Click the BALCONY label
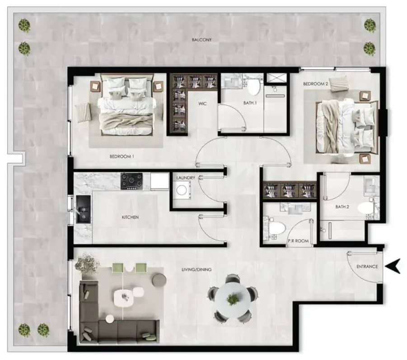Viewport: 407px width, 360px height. coord(201,40)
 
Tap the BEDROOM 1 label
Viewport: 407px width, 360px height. coord(122,156)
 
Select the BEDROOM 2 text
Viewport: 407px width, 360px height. coord(316,84)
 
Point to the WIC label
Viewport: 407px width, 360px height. coord(202,104)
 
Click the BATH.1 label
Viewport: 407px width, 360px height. coord(250,103)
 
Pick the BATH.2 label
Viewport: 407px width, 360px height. coord(342,207)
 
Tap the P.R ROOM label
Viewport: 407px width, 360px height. coord(298,241)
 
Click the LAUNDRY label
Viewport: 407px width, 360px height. coord(186,178)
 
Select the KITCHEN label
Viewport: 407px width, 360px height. coord(130,217)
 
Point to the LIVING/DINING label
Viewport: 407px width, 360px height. coord(196,270)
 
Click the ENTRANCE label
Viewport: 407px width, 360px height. coord(367,266)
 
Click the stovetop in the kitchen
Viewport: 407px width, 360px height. coord(131,181)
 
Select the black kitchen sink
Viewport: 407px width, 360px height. coord(83,209)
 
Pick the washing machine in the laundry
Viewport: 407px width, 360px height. coord(182,190)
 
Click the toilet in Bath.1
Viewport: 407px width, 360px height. coord(253,87)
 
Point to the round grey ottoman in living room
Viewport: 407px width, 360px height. coord(159,280)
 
